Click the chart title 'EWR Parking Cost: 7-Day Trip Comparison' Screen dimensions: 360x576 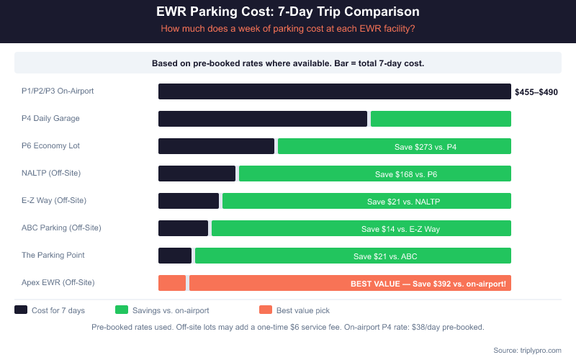pos(288,12)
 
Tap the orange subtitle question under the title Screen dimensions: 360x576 pos(288,29)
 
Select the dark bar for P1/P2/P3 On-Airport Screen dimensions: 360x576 pos(334,91)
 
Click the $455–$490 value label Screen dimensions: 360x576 pos(536,92)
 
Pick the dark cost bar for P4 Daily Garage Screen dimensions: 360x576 pos(263,119)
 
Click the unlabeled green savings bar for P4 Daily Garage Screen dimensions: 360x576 pos(441,119)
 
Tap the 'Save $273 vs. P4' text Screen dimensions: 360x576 pos(426,147)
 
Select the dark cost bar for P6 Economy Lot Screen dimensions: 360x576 pos(216,146)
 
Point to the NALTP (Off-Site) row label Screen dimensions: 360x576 pos(51,173)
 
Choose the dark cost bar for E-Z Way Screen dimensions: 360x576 pos(189,201)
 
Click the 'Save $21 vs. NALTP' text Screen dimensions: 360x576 pos(403,202)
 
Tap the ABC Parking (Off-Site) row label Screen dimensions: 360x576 pos(61,228)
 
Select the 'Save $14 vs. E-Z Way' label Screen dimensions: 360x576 pos(400,229)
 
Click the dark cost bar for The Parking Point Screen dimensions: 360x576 pos(175,256)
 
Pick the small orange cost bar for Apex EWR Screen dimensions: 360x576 pos(172,283)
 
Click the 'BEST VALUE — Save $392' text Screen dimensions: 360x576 pos(428,284)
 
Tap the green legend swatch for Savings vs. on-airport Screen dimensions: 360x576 pos(122,310)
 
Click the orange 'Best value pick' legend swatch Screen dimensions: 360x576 pos(266,310)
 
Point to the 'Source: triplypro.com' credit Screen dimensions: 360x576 pos(527,350)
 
